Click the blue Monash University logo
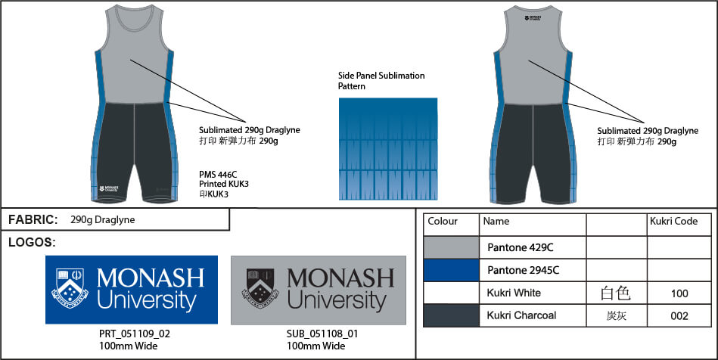click(x=132, y=290)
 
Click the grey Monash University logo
click(x=318, y=290)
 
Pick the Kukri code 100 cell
click(x=679, y=293)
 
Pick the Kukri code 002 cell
click(x=679, y=315)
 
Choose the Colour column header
click(x=443, y=222)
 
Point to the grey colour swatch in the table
click(x=451, y=247)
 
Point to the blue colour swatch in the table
click(x=451, y=270)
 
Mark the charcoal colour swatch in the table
click(x=451, y=315)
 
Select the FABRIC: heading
click(x=33, y=220)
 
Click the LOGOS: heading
click(x=32, y=243)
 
